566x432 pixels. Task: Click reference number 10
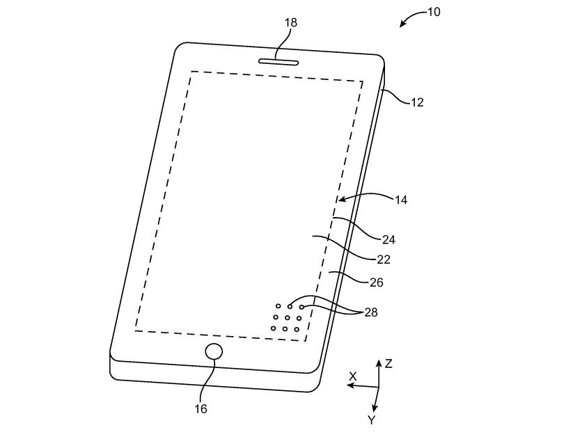click(x=434, y=12)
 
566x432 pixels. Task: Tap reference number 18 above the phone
click(x=290, y=23)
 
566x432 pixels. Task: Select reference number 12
click(x=417, y=102)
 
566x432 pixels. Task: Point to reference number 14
click(x=401, y=200)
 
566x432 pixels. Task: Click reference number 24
click(x=388, y=239)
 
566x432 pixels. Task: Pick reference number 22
click(x=384, y=259)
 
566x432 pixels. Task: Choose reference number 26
click(x=377, y=282)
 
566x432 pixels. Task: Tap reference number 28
click(x=370, y=312)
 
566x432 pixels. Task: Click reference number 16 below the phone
click(x=201, y=409)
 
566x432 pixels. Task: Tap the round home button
click(x=214, y=351)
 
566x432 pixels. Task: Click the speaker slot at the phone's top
click(x=278, y=62)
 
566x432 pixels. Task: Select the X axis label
click(x=353, y=376)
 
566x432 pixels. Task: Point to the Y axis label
click(x=372, y=419)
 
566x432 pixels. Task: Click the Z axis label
click(x=388, y=364)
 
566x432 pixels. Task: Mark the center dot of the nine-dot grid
click(x=287, y=318)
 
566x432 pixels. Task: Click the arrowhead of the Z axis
click(x=379, y=362)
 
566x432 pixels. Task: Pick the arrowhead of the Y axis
click(x=375, y=408)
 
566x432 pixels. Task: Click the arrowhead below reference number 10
click(x=402, y=24)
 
